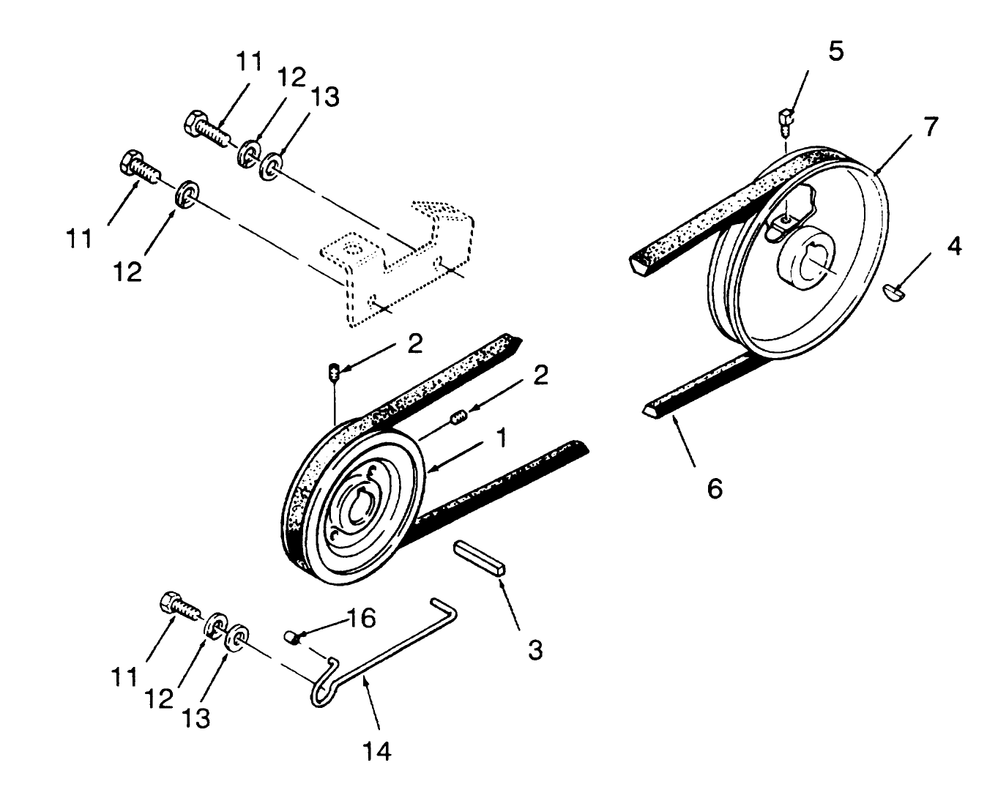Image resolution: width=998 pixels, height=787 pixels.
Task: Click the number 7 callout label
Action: tap(929, 127)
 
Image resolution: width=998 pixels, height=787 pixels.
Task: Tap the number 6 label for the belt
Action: tap(714, 488)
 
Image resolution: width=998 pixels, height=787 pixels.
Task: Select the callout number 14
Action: tap(376, 750)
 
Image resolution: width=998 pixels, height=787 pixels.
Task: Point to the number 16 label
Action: tap(361, 619)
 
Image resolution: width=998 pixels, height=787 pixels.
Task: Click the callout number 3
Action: tap(535, 649)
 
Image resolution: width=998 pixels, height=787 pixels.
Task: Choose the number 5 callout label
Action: tap(835, 51)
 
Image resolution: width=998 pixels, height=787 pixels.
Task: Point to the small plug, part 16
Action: tap(293, 636)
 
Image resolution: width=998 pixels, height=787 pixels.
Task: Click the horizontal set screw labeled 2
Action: tap(458, 419)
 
